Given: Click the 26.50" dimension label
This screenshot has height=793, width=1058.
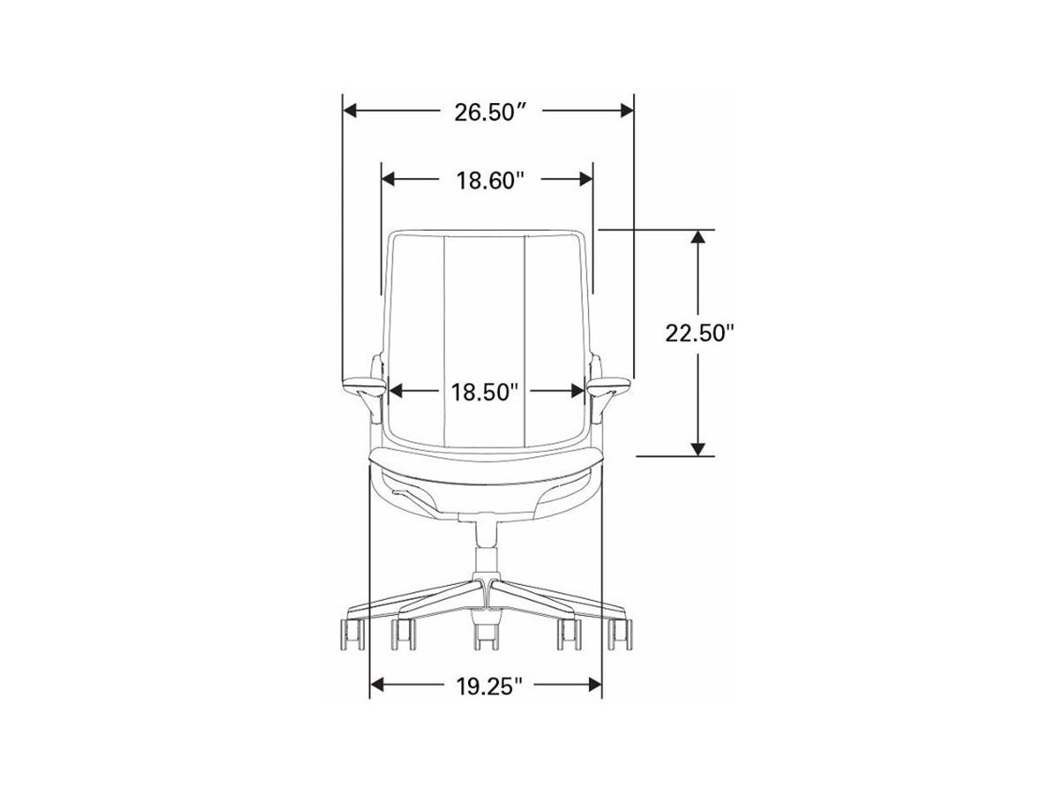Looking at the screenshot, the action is tap(489, 113).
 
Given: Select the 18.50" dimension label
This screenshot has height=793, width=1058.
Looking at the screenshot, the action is tap(484, 392).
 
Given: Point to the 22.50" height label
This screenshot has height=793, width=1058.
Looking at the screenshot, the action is tap(699, 333).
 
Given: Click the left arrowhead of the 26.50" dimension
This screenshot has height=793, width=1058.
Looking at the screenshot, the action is tap(350, 111).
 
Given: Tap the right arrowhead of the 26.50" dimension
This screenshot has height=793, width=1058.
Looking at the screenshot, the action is tap(626, 111).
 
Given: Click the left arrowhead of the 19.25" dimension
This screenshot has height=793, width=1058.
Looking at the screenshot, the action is tap(377, 685).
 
